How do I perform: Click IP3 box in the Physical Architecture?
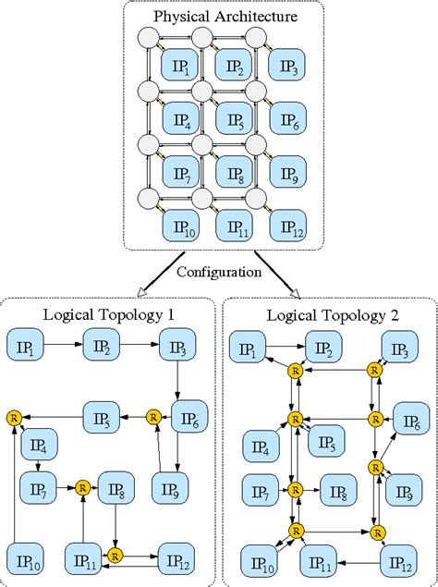click(287, 67)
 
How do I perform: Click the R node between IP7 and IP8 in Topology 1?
click(82, 485)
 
